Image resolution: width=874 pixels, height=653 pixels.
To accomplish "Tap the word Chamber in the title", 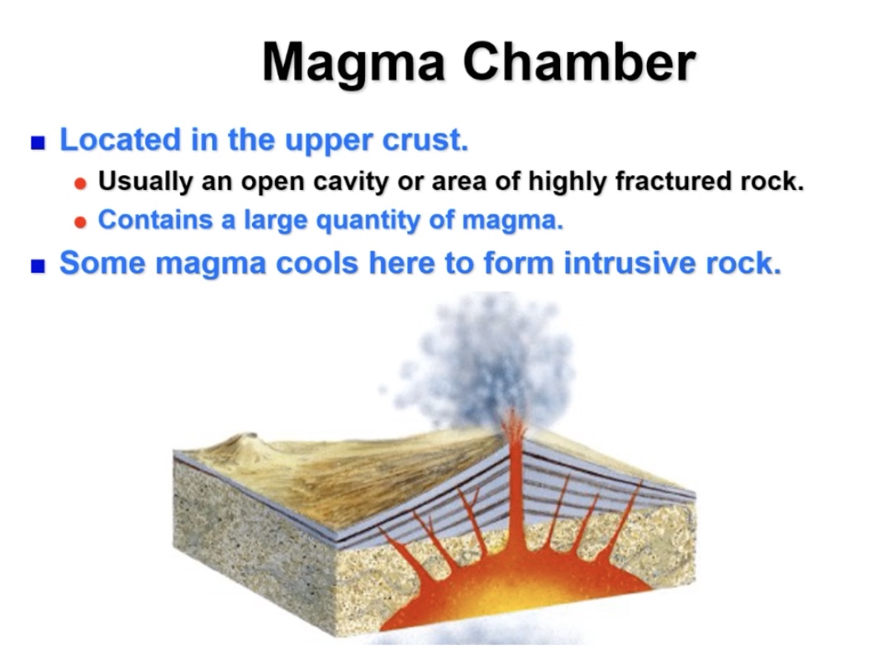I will coord(579,61).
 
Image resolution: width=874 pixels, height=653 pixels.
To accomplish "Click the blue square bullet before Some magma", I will coord(37,266).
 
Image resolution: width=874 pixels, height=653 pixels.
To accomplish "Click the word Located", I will coord(120,140).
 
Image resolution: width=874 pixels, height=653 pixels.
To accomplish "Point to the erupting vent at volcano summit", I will coord(513,426).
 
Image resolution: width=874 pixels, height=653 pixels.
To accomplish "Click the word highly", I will coord(571,181).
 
